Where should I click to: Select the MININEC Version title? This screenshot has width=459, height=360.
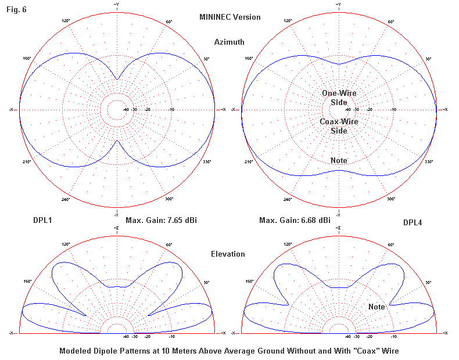point(229,17)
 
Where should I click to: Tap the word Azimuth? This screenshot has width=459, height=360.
point(229,42)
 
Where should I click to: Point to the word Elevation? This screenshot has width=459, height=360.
point(228,254)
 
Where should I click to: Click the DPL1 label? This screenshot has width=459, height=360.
point(44,220)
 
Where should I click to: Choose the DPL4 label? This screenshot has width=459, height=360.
point(414,222)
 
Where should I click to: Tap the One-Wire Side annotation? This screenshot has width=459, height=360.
point(339,98)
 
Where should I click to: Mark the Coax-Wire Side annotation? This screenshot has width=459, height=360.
point(339,126)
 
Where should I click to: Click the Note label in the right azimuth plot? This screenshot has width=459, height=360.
point(339,160)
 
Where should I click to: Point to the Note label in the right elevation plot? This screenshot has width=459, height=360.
point(376,307)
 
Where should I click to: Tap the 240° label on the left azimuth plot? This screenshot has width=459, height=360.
point(66,199)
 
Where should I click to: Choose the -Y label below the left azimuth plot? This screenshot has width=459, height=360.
point(117,213)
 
